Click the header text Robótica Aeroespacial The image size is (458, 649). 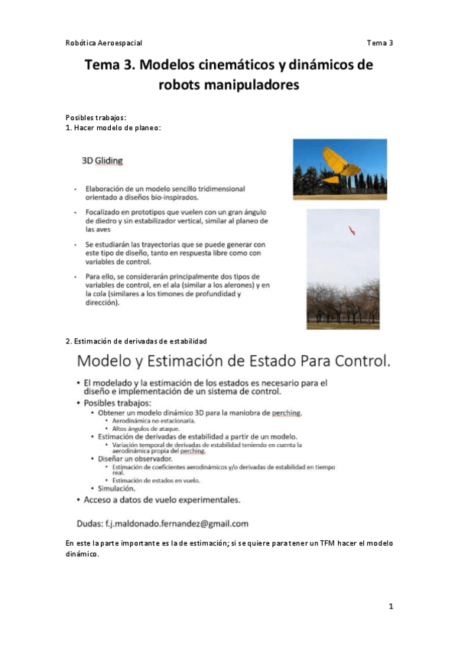click(104, 43)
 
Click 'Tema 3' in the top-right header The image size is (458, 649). click(379, 43)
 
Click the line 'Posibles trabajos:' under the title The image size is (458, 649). click(96, 117)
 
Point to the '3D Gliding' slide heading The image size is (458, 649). click(102, 161)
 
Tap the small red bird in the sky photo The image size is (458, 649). click(351, 229)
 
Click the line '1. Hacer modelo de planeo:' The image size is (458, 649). click(113, 127)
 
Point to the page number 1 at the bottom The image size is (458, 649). click(390, 606)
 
